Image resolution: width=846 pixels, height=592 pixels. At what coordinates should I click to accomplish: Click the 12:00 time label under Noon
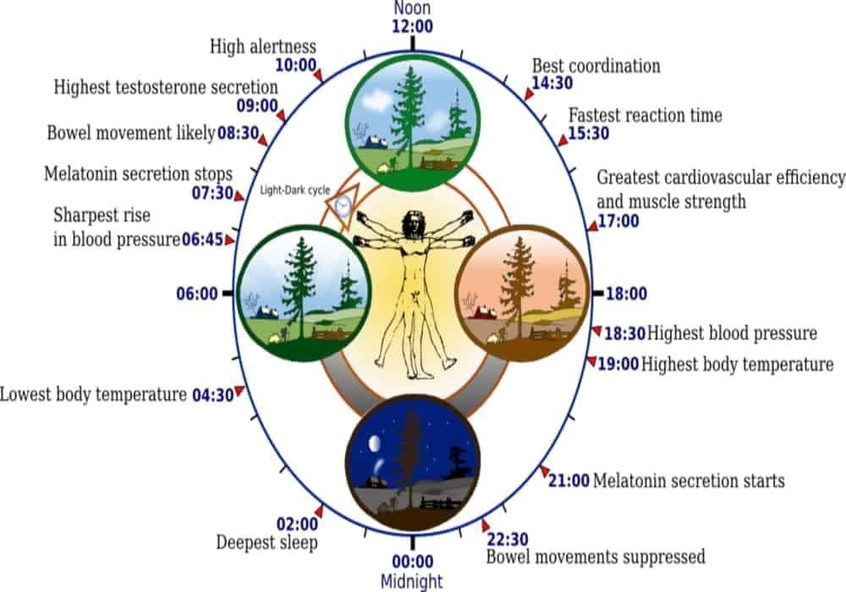412,26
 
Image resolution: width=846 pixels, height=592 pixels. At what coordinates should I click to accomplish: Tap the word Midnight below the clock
412,581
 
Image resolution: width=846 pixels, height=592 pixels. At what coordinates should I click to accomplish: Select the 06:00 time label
196,294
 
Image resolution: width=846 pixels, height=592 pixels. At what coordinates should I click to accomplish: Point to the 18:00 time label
626,294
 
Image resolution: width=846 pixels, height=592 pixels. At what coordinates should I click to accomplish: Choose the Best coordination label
596,66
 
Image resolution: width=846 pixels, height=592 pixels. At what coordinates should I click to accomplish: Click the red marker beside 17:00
593,225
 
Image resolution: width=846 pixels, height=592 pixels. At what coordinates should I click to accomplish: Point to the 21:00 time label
569,481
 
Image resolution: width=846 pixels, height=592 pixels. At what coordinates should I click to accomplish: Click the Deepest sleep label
266,542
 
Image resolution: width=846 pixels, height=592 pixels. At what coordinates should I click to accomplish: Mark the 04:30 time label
211,395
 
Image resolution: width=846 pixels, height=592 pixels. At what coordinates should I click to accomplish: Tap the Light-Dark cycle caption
295,190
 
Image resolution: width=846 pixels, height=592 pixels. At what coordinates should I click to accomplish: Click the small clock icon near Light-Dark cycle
343,206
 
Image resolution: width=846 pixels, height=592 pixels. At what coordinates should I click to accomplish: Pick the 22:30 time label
506,539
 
